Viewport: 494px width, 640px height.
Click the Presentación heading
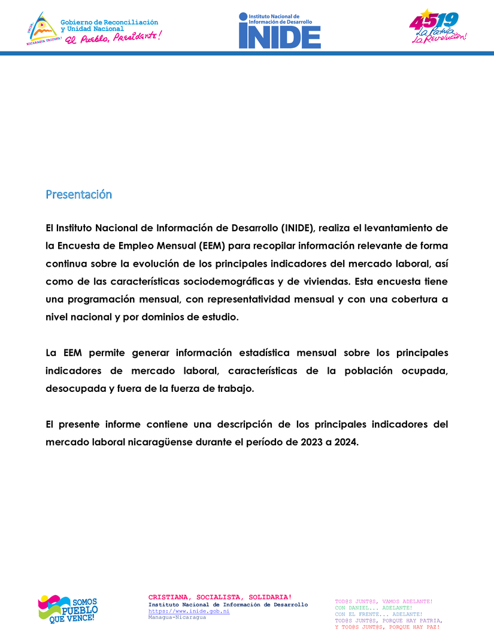click(78, 195)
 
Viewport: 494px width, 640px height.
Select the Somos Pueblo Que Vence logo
click(68, 609)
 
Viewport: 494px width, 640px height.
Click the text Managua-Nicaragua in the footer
click(177, 617)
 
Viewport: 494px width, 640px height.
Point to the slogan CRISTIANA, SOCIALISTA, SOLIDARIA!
click(220, 597)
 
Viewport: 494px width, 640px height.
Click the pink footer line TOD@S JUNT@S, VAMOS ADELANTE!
click(383, 601)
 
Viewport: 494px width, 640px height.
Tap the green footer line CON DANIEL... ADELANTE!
click(374, 608)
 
